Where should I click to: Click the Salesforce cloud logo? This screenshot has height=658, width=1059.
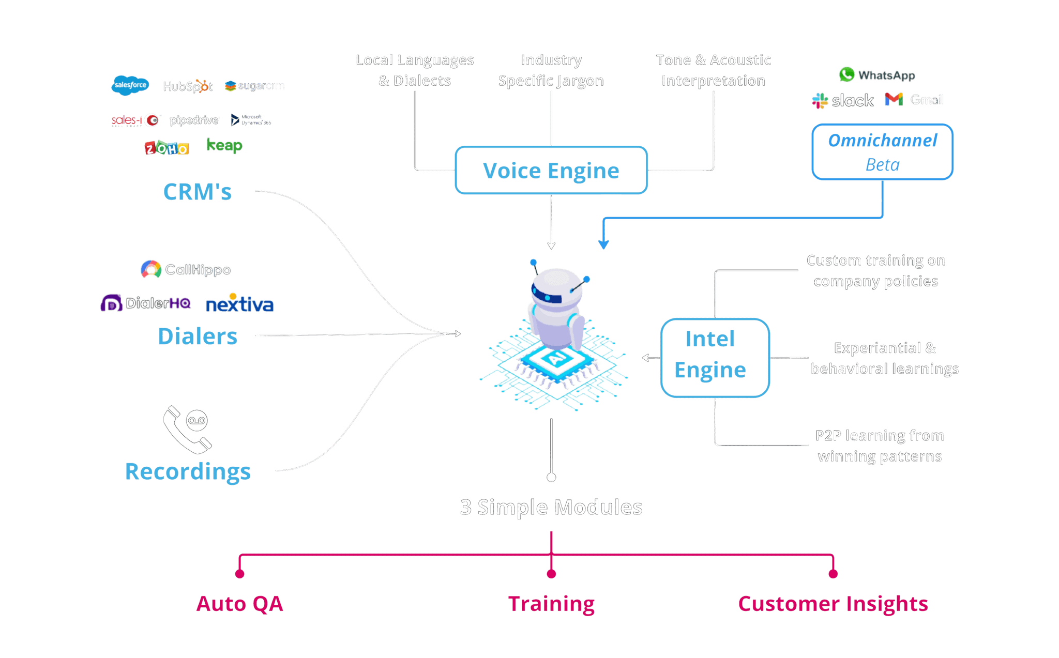[130, 85]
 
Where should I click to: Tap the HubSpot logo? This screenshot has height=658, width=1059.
[187, 86]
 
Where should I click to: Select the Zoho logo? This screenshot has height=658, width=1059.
[167, 148]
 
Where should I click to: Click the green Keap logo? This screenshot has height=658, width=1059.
[224, 145]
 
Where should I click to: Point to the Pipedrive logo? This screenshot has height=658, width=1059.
[194, 120]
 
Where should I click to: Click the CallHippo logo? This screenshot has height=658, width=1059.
[186, 269]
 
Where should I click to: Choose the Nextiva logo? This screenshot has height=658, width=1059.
[240, 303]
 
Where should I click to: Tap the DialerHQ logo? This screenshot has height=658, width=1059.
[146, 303]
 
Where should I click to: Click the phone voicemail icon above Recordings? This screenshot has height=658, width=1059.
[187, 430]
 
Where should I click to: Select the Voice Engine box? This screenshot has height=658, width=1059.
[551, 171]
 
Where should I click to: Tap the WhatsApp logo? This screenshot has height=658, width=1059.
[877, 75]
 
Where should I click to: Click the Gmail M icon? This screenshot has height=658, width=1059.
[894, 99]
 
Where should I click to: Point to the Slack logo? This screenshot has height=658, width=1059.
[843, 100]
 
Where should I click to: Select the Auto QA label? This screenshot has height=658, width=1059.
[239, 604]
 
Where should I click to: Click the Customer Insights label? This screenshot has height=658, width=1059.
[833, 604]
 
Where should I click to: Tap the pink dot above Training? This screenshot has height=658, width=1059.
[551, 574]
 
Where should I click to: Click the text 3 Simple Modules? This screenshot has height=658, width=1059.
[551, 508]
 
